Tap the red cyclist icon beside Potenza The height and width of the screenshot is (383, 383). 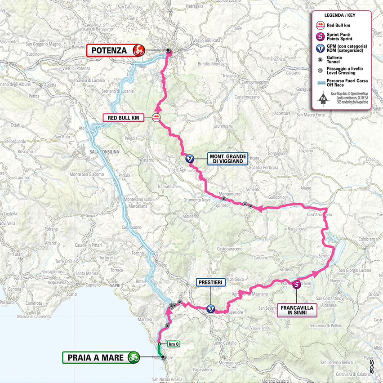(x=138, y=50)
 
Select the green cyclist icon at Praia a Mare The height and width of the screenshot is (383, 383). (x=133, y=357)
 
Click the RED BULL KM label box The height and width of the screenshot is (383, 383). (x=123, y=118)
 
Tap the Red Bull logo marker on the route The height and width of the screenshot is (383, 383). (x=157, y=118)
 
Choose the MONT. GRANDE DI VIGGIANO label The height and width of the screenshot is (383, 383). (x=227, y=159)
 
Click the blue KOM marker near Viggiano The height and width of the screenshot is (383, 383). (x=190, y=158)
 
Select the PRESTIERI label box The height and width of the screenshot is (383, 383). (x=209, y=282)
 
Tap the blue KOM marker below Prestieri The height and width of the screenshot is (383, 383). (x=210, y=308)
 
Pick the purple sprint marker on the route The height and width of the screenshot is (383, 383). (x=297, y=284)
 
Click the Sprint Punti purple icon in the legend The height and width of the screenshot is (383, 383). (x=321, y=36)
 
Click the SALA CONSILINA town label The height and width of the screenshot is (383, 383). (x=104, y=152)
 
